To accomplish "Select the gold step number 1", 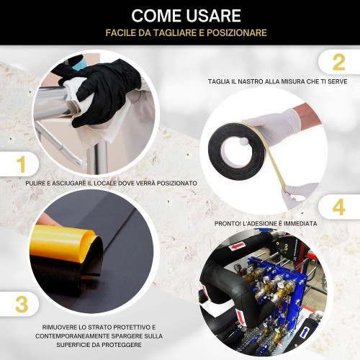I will coord(22,164).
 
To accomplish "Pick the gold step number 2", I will coord(338,62).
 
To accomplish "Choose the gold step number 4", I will coord(338,208).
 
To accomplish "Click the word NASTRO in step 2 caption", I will coord(247,81).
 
